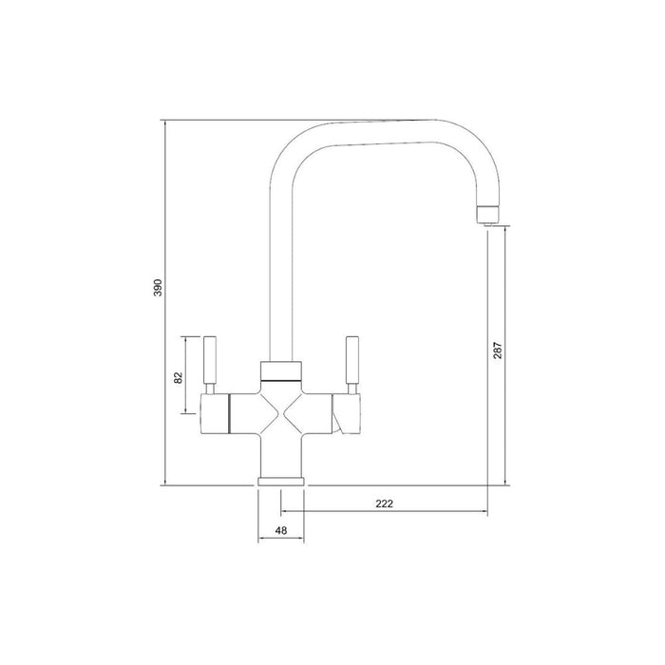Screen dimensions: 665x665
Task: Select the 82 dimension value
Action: [178, 376]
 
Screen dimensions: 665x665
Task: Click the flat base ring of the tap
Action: [282, 482]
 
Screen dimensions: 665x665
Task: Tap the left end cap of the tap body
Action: [218, 414]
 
